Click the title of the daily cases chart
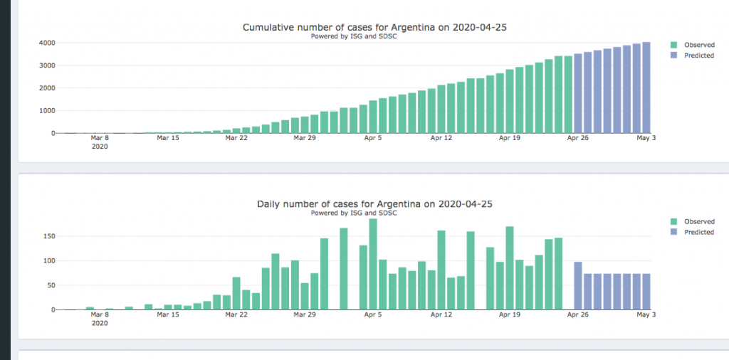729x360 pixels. (x=374, y=204)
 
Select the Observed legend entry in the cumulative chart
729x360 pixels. (x=698, y=45)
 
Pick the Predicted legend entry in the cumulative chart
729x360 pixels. (x=698, y=55)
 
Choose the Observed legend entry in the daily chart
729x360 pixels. (x=698, y=221)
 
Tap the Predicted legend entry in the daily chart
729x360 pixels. (x=698, y=232)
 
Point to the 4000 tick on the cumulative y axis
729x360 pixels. (x=47, y=43)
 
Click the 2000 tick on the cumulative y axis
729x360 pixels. (x=47, y=88)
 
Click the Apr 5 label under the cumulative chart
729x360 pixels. (x=372, y=138)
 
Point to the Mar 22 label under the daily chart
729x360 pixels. (x=236, y=314)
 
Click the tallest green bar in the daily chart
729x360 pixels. (x=372, y=264)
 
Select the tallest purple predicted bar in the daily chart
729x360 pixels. (x=578, y=286)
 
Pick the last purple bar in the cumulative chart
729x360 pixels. (x=646, y=88)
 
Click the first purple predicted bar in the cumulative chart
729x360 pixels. (x=578, y=93)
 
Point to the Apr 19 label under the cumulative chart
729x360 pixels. (x=510, y=138)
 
